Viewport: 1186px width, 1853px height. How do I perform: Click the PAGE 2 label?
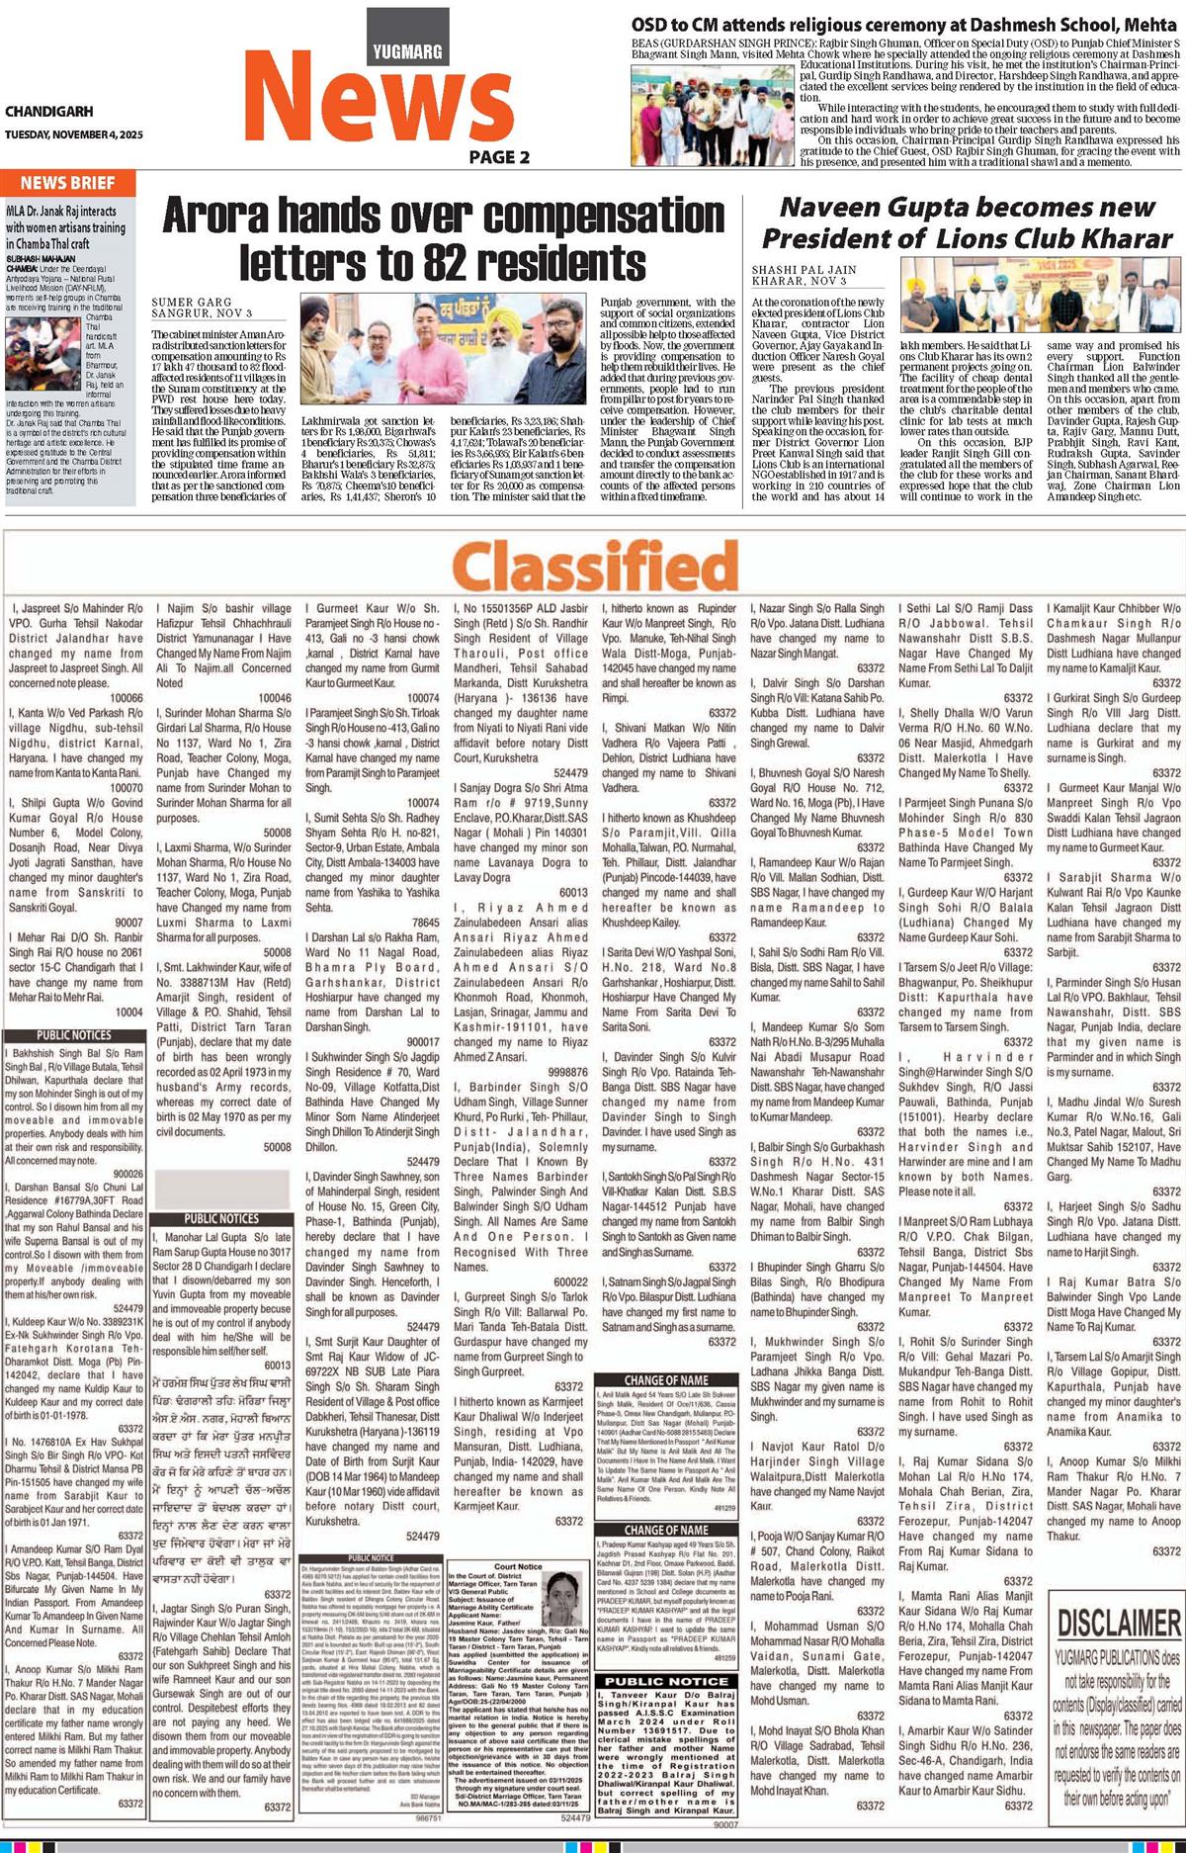click(x=499, y=156)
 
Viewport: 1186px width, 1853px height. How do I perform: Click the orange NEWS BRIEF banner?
click(x=67, y=183)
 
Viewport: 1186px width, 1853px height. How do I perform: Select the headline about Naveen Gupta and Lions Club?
click(x=966, y=223)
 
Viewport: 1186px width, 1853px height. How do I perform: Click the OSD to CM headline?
click(x=905, y=25)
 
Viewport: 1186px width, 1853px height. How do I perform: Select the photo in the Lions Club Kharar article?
click(x=1041, y=297)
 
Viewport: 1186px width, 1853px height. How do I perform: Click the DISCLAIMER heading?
click(x=1119, y=1622)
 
